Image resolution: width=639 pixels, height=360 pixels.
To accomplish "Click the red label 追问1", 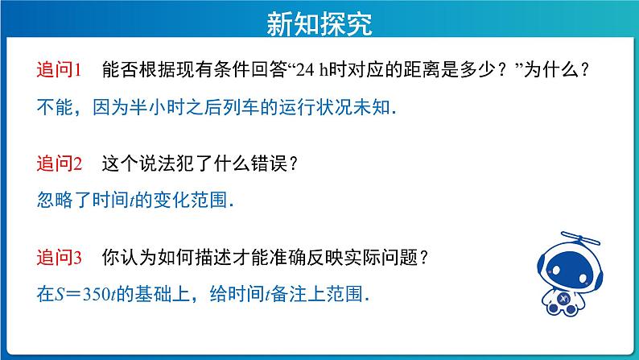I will pos(60,69).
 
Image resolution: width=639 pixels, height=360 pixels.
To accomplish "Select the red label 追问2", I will pos(60,163).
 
